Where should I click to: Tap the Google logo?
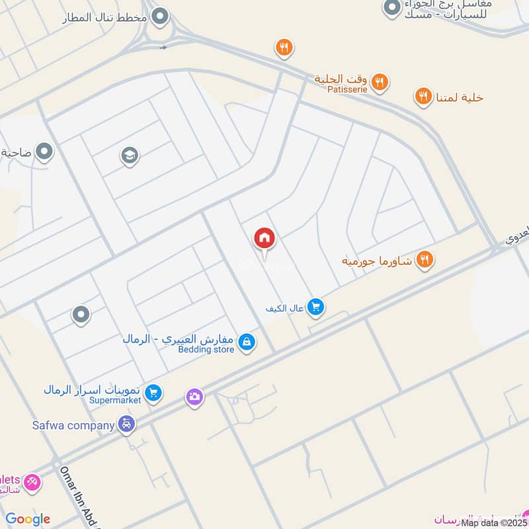pyautogui.click(x=27, y=519)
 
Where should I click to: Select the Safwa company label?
pyautogui.click(x=72, y=425)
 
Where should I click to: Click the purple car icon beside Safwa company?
pyautogui.click(x=126, y=425)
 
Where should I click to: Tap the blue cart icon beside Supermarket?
pyautogui.click(x=153, y=393)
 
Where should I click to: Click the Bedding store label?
pyautogui.click(x=206, y=349)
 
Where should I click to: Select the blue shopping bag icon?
pyautogui.click(x=247, y=342)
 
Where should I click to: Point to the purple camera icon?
pyautogui.click(x=194, y=397)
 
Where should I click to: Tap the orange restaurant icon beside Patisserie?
pyautogui.click(x=379, y=82)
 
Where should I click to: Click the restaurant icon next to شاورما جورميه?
pyautogui.click(x=425, y=260)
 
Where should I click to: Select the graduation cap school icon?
pyautogui.click(x=129, y=155)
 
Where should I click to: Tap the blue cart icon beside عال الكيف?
pyautogui.click(x=316, y=307)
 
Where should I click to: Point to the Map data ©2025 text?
pyautogui.click(x=495, y=523)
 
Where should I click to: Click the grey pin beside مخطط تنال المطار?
pyautogui.click(x=159, y=17)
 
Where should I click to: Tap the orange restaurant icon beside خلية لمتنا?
pyautogui.click(x=423, y=97)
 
